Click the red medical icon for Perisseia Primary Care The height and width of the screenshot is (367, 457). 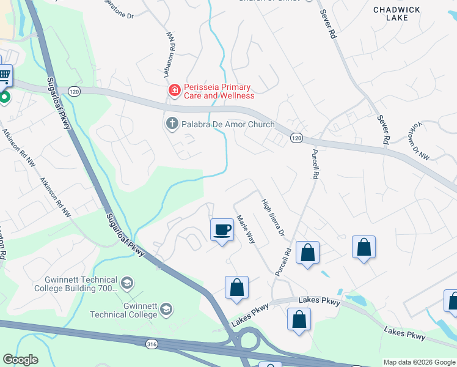point(174,91)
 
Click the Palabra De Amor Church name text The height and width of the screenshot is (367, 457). point(228,124)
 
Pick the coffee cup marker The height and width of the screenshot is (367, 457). point(221,230)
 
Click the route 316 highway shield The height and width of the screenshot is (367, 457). point(151,345)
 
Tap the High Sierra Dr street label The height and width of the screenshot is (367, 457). point(273,218)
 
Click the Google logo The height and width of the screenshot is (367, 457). point(21,360)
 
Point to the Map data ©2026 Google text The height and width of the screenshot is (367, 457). point(419,362)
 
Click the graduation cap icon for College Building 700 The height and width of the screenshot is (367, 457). point(127,283)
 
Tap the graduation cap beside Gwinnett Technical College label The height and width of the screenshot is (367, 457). point(166,310)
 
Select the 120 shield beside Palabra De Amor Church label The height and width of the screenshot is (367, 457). point(296,138)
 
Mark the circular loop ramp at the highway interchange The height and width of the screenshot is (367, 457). point(249,338)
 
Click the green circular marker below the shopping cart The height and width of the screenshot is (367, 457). point(4,97)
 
